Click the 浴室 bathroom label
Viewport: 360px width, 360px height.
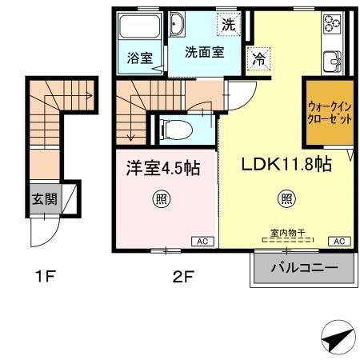pyautogui.click(x=139, y=58)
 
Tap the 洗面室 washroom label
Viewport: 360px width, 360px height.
pyautogui.click(x=204, y=51)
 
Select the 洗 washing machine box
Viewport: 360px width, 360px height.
pyautogui.click(x=229, y=24)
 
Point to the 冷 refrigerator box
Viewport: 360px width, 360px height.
pyautogui.click(x=259, y=58)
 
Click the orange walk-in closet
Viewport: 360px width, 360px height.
pyautogui.click(x=328, y=112)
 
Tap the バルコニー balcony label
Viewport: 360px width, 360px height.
pyautogui.click(x=303, y=268)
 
